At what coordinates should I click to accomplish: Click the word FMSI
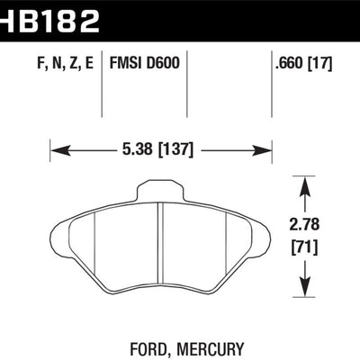(x=126, y=65)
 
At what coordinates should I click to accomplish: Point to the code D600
(x=163, y=65)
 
